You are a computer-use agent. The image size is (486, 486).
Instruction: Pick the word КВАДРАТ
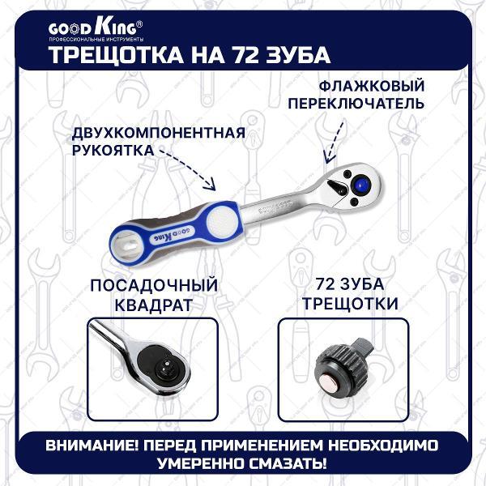point(152,305)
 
